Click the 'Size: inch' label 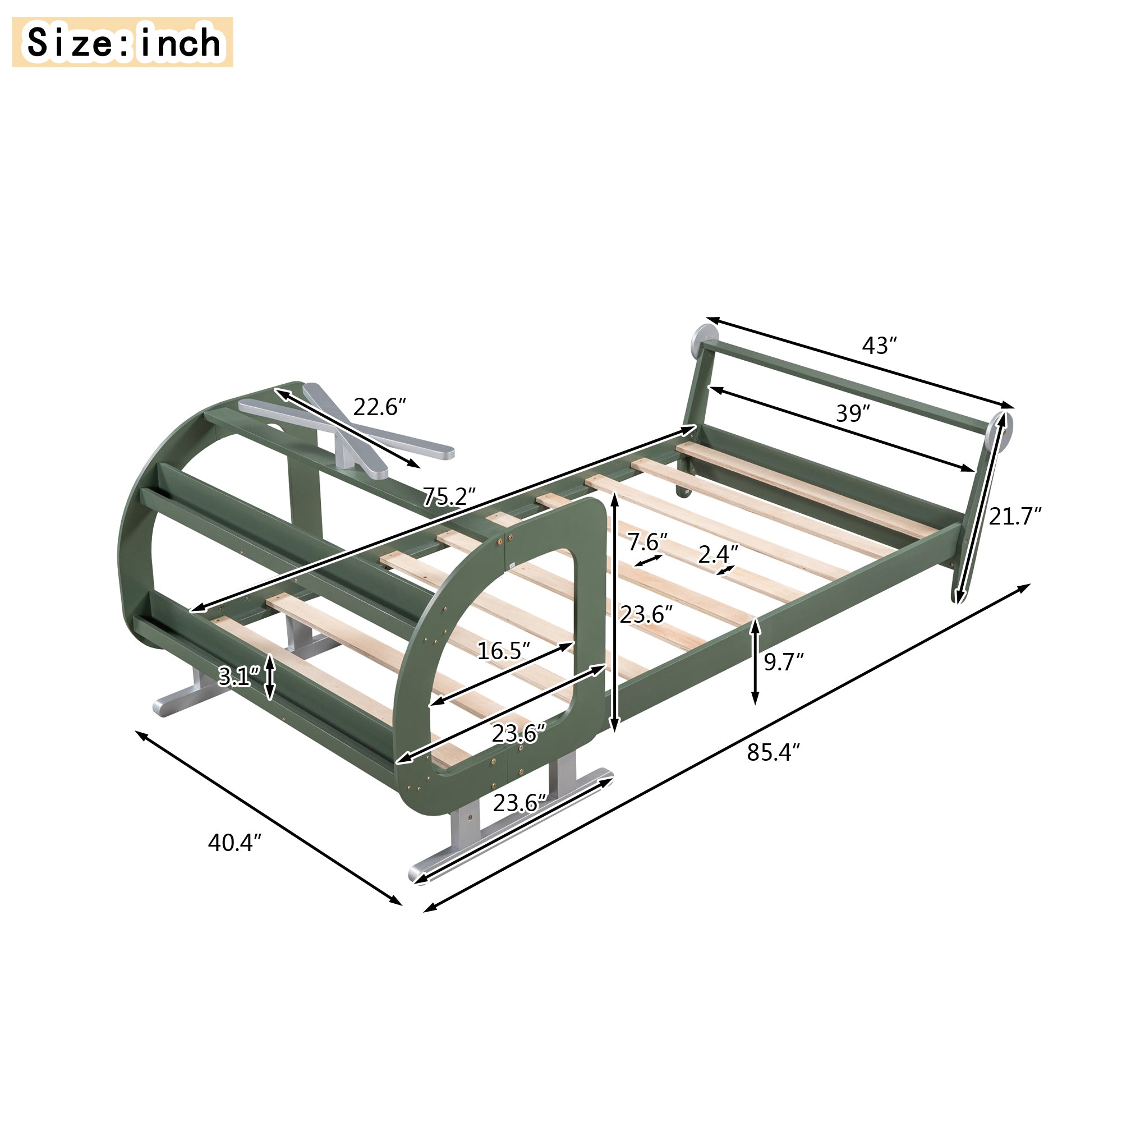click(122, 42)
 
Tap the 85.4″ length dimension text click(773, 753)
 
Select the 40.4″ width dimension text click(234, 843)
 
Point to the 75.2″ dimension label click(449, 497)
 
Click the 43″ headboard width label click(879, 346)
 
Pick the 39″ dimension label click(853, 413)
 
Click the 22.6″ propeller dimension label click(379, 407)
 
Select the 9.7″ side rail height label click(783, 662)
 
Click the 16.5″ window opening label click(504, 651)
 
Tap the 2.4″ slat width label click(718, 555)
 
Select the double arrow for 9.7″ click(755, 662)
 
